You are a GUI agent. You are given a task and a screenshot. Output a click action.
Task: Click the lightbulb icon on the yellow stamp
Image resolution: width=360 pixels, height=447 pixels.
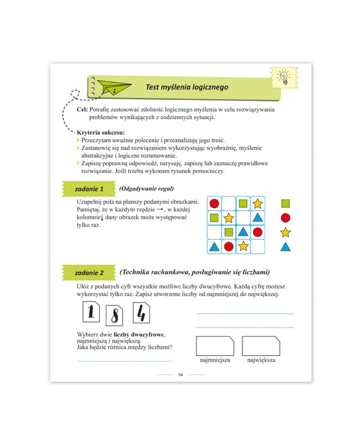284,77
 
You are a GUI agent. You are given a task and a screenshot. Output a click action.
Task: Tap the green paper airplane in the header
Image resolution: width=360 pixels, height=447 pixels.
114,87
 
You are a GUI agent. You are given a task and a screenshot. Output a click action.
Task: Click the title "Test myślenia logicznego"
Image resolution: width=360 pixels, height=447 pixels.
187,87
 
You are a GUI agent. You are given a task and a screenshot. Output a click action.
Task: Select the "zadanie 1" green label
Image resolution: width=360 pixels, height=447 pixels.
89,189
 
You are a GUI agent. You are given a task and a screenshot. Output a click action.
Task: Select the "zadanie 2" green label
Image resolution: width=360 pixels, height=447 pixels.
89,273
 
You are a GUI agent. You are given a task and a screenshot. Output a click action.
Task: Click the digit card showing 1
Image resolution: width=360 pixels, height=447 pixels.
91,312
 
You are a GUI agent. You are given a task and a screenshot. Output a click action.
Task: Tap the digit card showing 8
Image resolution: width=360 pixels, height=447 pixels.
114,316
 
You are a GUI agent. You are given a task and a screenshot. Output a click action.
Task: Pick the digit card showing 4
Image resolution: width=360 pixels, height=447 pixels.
141,313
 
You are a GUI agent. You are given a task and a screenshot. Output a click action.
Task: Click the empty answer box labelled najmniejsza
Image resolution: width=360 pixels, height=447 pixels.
215,346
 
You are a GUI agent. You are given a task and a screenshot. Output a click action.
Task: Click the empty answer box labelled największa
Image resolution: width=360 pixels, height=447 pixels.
261,346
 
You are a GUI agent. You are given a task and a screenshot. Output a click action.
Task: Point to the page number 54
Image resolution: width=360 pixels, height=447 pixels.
181,374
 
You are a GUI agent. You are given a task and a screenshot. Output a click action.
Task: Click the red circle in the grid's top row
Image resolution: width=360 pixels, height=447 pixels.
214,204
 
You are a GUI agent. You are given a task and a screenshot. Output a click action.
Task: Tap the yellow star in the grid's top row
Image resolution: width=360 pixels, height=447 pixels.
257,204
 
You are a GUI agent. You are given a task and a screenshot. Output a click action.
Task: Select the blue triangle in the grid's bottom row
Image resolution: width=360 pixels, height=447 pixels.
214,246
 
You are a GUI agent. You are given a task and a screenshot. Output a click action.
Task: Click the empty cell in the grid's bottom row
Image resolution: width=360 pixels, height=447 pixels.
257,246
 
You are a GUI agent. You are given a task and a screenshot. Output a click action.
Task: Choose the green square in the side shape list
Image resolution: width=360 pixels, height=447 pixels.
285,204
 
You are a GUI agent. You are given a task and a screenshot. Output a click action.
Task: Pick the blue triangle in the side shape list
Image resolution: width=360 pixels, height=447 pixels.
285,246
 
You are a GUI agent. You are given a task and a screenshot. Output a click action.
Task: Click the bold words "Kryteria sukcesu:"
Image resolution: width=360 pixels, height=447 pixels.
101,133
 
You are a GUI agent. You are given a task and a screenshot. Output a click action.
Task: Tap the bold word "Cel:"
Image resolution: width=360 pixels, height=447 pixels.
82,110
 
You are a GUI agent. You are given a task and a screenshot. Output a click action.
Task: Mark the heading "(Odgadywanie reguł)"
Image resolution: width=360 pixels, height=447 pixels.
147,189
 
